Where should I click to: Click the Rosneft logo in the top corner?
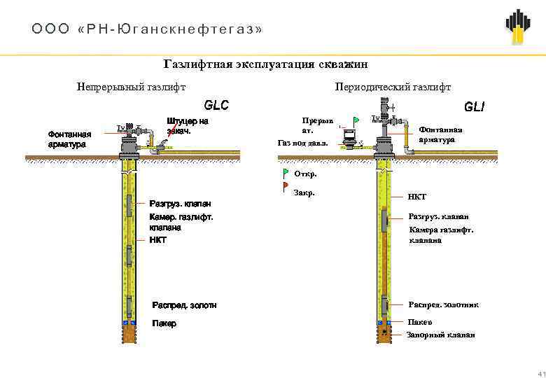[x=517, y=27]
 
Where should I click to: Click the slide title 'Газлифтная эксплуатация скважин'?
[x=265, y=64]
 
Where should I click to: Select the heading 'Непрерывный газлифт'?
[x=131, y=87]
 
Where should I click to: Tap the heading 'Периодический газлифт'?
[x=393, y=87]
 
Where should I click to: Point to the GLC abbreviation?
[x=216, y=106]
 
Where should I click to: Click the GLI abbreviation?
[x=474, y=108]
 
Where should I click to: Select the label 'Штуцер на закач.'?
[x=188, y=126]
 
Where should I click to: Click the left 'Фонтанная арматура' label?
[x=69, y=139]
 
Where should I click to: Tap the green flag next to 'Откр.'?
[x=286, y=172]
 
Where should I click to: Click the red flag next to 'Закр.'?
[x=286, y=186]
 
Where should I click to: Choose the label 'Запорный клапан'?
[x=440, y=335]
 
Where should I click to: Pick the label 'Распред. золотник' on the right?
[x=443, y=304]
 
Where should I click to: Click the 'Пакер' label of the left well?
[x=164, y=324]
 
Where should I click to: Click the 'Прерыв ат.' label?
[x=317, y=125]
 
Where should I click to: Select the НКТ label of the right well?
[x=417, y=197]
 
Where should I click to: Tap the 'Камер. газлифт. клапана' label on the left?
[x=181, y=222]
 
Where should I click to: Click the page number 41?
[x=540, y=372]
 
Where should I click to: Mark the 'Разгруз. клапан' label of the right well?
[x=438, y=216]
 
